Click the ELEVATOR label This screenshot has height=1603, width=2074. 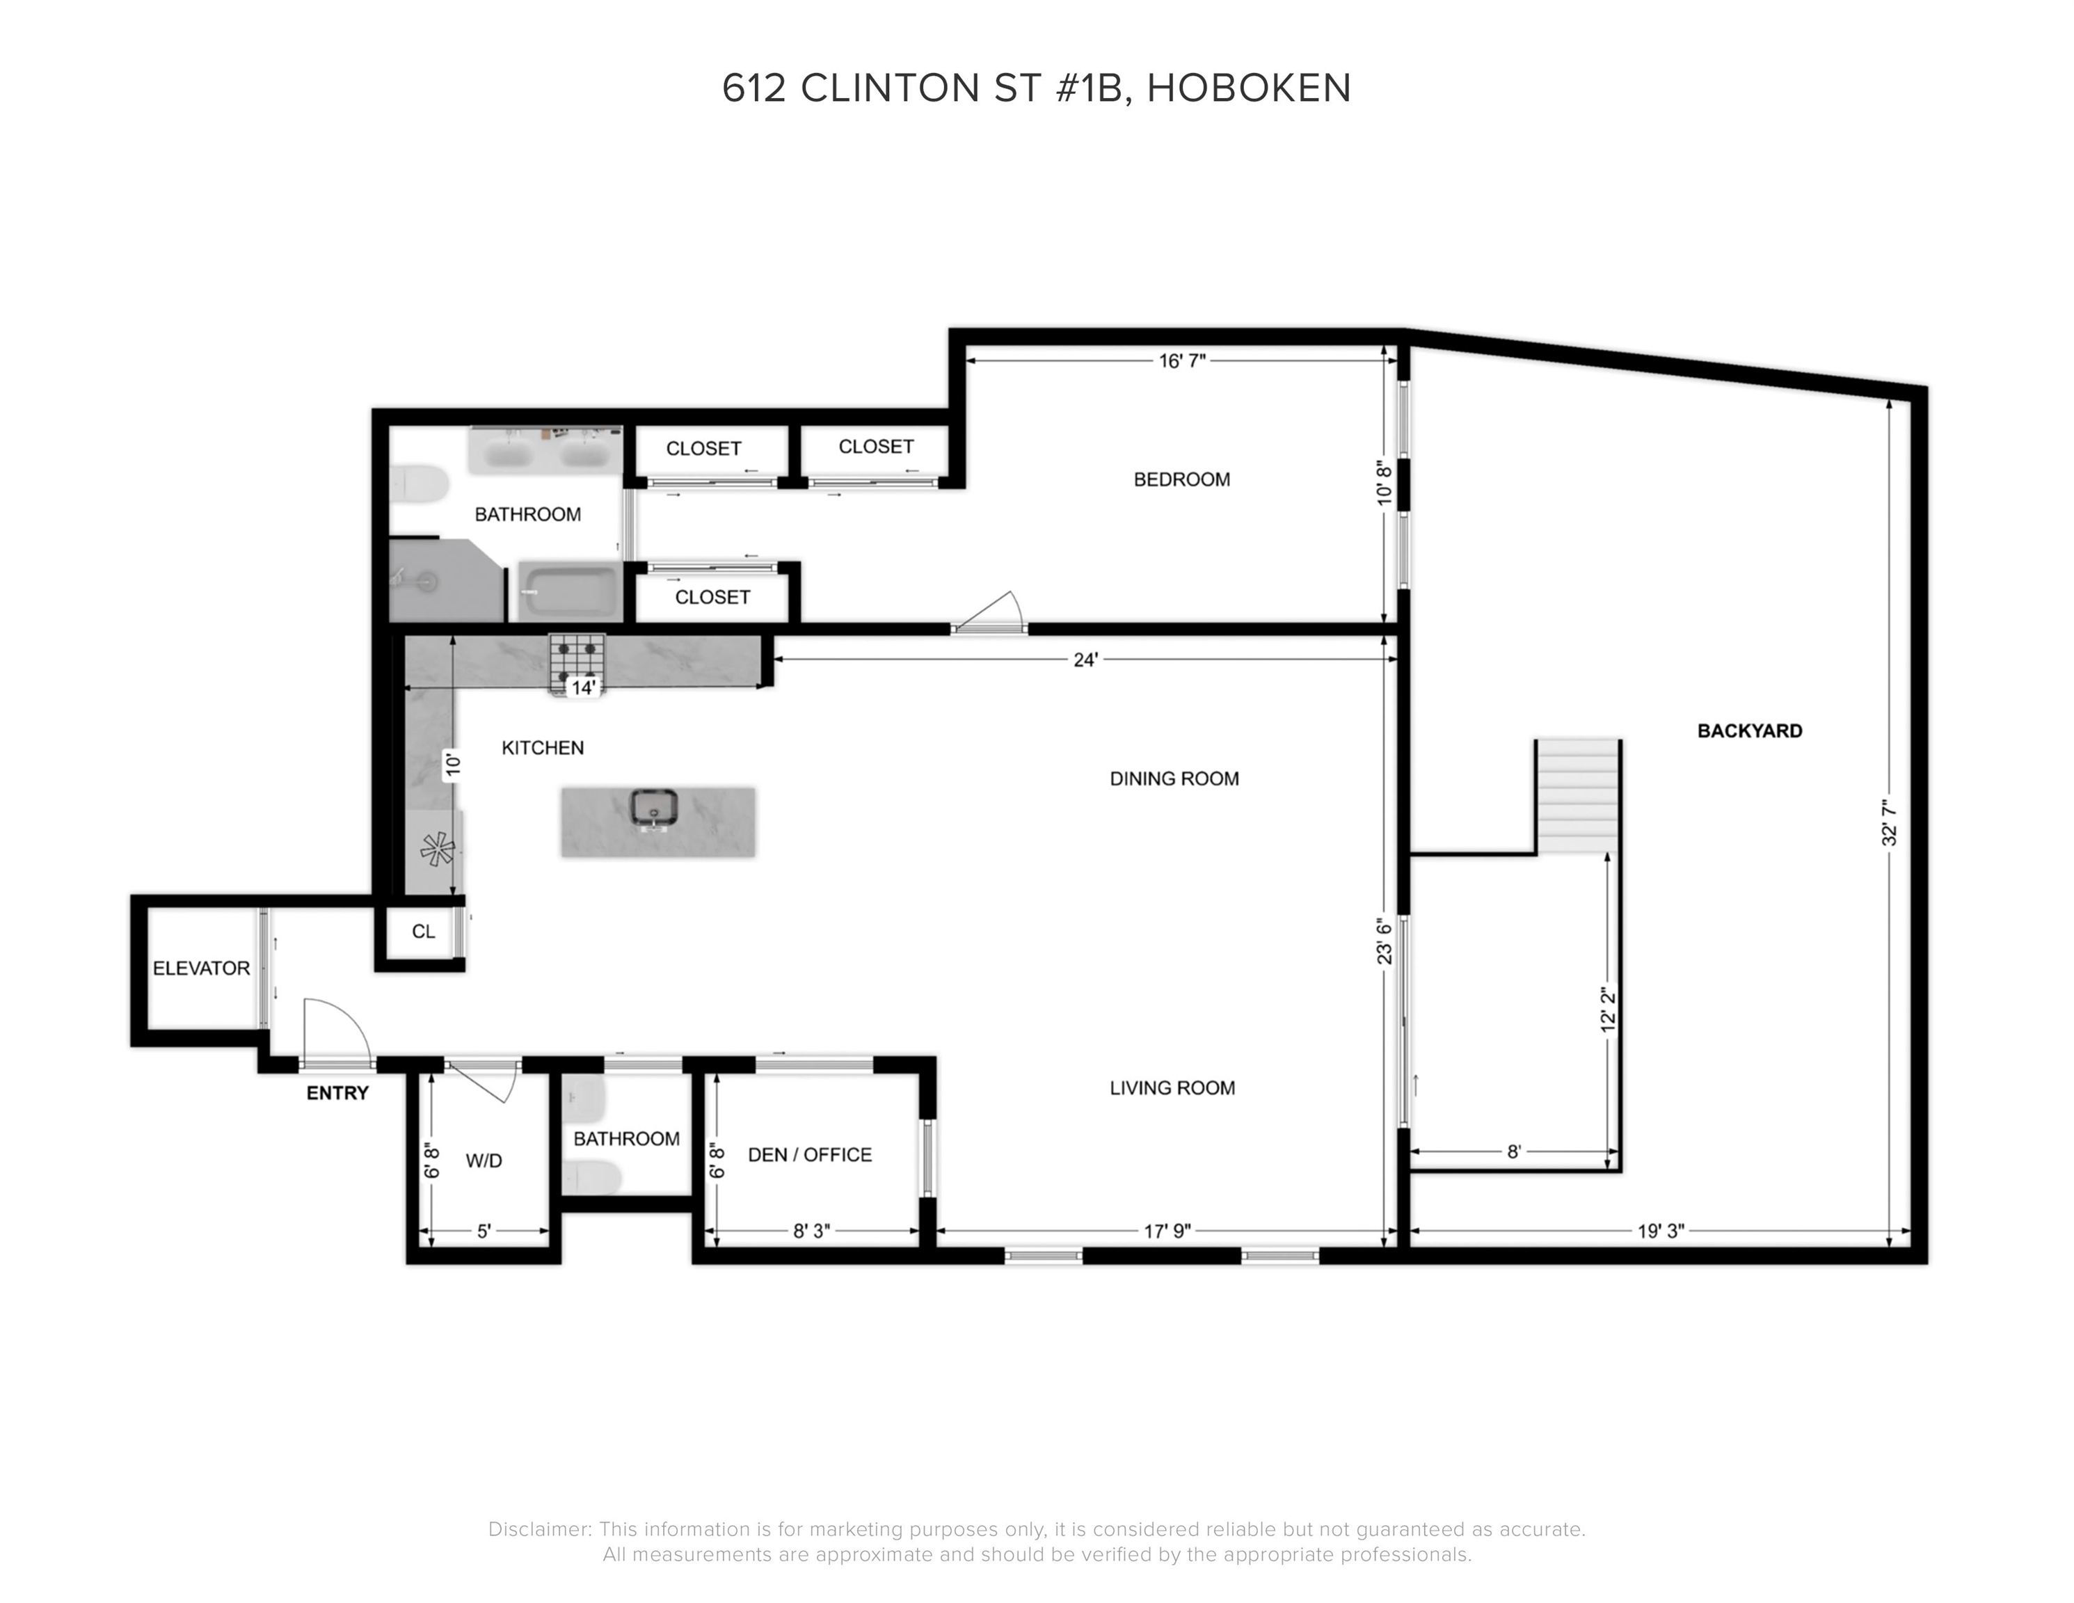coord(201,968)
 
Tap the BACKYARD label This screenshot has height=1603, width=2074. coord(1749,731)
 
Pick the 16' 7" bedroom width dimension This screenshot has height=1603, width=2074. coord(1181,361)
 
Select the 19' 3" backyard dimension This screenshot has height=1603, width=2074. coord(1660,1231)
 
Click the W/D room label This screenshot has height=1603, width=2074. coord(484,1161)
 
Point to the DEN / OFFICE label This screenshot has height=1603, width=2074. coord(809,1155)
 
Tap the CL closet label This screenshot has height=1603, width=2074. coord(424,932)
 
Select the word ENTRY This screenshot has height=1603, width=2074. coord(337,1093)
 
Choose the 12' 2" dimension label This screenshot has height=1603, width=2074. coord(1606,1010)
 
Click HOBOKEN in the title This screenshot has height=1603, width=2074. coord(1249,88)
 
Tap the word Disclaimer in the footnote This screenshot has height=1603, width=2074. coord(538,1529)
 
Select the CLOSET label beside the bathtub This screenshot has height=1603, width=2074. coord(712,598)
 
